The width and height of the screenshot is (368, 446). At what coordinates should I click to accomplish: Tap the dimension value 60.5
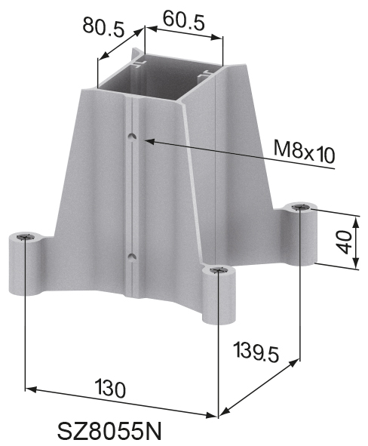(x=183, y=21)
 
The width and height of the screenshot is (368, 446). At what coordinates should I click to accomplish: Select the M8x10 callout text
(x=304, y=154)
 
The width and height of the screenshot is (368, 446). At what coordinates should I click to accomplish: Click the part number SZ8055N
(x=110, y=431)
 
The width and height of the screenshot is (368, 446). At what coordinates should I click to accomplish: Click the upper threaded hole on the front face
(x=133, y=137)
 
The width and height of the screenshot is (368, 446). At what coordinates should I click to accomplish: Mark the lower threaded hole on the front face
(x=132, y=257)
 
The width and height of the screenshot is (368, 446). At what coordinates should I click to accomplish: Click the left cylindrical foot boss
(x=25, y=266)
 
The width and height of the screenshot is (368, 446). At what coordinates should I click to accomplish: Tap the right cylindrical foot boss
(x=301, y=234)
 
